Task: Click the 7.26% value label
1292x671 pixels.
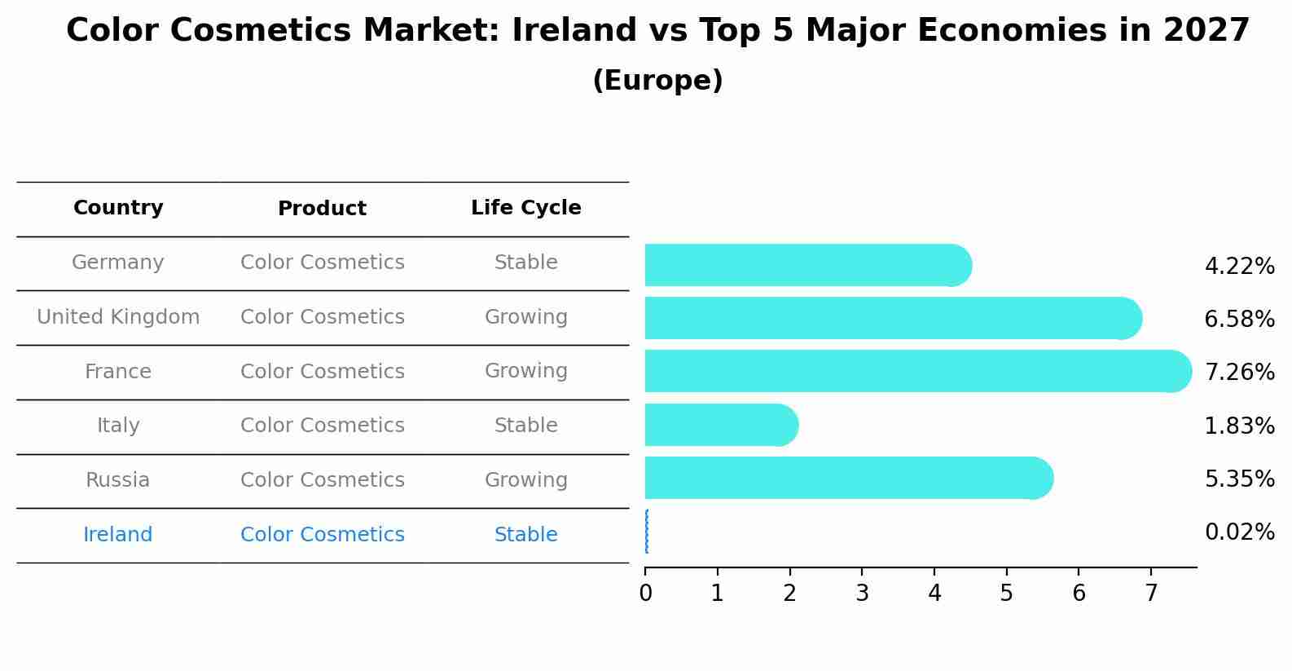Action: pyautogui.click(x=1239, y=373)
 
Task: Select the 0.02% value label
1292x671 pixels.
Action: pyautogui.click(x=1239, y=532)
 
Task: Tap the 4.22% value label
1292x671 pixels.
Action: pyautogui.click(x=1239, y=267)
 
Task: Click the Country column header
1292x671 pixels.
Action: pyautogui.click(x=118, y=208)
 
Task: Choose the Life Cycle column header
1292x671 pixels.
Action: pyautogui.click(x=525, y=208)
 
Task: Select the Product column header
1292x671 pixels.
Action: pyautogui.click(x=322, y=209)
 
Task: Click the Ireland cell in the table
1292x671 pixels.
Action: pyautogui.click(x=118, y=535)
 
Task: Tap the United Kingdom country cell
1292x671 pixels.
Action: pyautogui.click(x=118, y=317)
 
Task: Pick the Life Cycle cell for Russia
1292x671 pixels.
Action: pyautogui.click(x=525, y=480)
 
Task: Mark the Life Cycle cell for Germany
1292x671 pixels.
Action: pyautogui.click(x=525, y=263)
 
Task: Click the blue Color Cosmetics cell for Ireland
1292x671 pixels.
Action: pyautogui.click(x=322, y=535)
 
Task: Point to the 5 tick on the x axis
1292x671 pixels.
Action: pyautogui.click(x=1007, y=594)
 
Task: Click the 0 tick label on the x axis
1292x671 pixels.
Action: pyautogui.click(x=645, y=594)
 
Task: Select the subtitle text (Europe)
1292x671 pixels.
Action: pyautogui.click(x=657, y=81)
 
